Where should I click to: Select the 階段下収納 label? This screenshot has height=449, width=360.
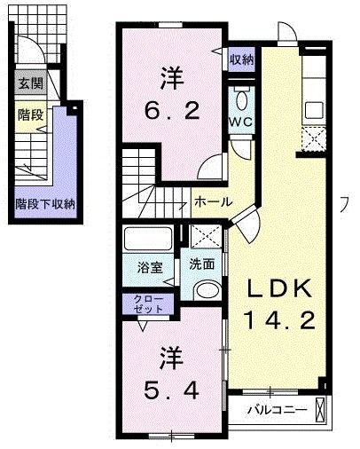tap(45, 203)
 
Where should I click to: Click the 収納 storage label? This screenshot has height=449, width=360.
tap(242, 60)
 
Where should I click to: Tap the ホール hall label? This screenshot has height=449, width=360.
tap(213, 201)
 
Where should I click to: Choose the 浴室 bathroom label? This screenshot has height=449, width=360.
tap(148, 264)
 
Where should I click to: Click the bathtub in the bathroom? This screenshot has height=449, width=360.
tap(150, 239)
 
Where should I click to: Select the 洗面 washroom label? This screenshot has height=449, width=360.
tap(202, 264)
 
